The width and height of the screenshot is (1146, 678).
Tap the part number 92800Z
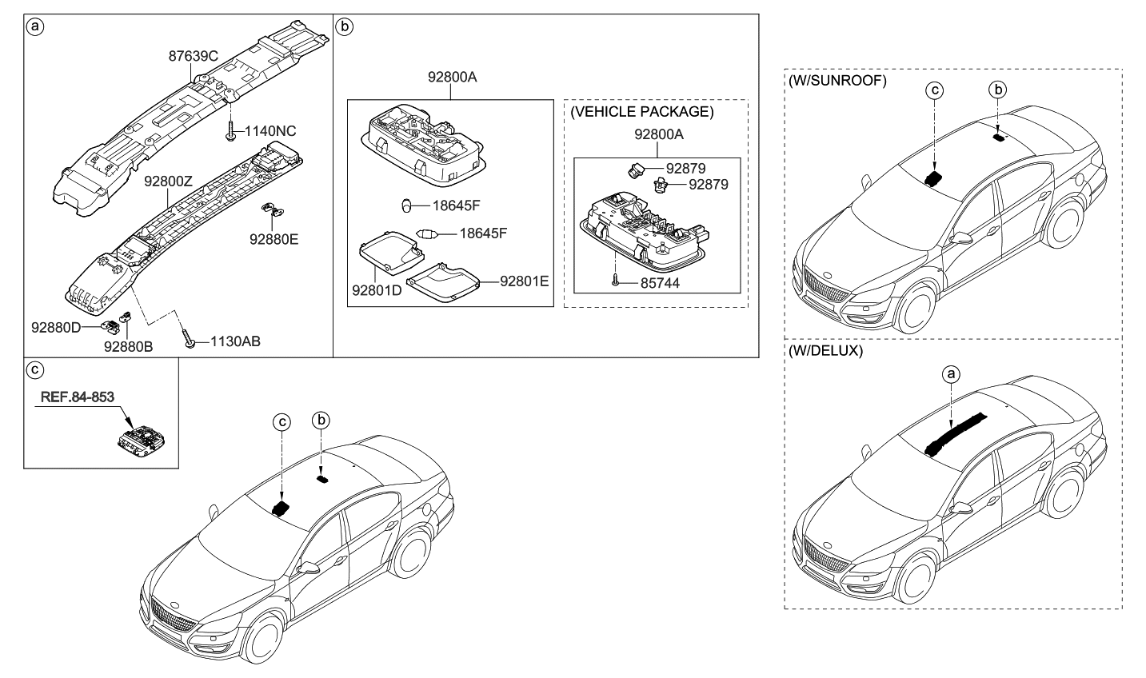[x=168, y=182]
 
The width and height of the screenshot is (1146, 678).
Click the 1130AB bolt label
[x=235, y=341]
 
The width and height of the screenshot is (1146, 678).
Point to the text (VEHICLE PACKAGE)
[x=641, y=112]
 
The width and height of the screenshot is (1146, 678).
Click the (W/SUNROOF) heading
[x=837, y=82]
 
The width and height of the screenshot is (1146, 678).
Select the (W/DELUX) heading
[x=826, y=351]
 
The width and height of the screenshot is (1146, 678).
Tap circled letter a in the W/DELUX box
[x=950, y=373]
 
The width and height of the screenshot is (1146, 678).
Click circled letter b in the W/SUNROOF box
[x=998, y=90]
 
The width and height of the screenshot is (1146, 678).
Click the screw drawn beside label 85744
[x=613, y=280]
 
